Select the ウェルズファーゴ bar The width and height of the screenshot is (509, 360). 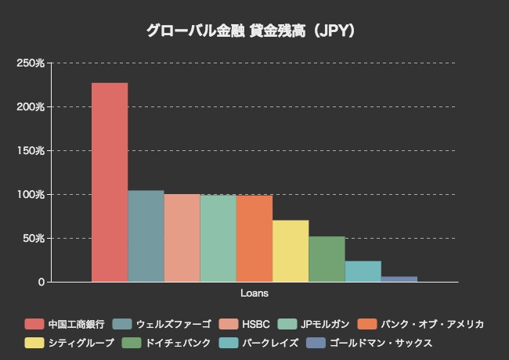coord(146,236)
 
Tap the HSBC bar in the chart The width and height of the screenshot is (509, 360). coord(182,238)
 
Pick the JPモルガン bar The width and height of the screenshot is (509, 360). coord(218,238)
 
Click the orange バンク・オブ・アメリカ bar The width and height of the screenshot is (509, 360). coord(254,238)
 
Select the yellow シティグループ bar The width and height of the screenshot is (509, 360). coord(291,250)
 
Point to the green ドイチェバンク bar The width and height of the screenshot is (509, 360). coord(327,259)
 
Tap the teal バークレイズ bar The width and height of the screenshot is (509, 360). coord(363,271)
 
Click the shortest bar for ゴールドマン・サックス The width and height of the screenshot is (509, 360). coord(399,279)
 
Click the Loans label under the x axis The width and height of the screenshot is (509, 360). coord(254,293)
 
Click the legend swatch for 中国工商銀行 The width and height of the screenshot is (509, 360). coord(34,324)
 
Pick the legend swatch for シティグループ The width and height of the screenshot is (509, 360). coord(34,343)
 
